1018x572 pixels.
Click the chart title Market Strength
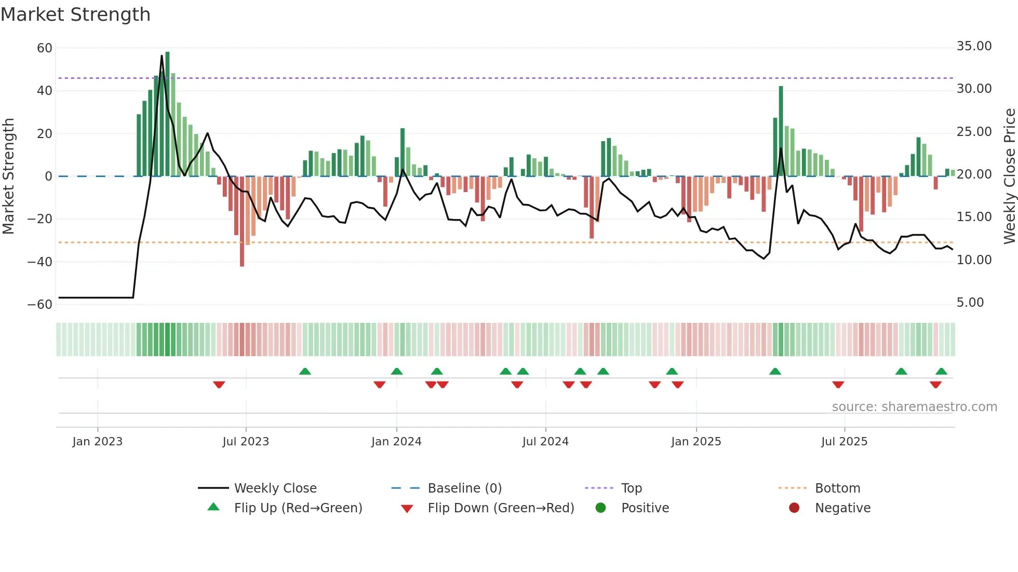click(75, 15)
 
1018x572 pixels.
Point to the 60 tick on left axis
click(45, 48)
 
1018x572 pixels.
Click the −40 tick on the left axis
click(40, 262)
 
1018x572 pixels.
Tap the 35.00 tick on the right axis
click(974, 46)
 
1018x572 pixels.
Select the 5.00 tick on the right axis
click(970, 303)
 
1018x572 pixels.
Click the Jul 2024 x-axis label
click(545, 442)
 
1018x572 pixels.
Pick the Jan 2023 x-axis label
click(98, 442)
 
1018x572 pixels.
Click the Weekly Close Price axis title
click(1009, 176)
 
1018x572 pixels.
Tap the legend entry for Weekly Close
click(275, 488)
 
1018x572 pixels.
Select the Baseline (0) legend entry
click(464, 488)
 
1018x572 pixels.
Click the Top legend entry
click(631, 488)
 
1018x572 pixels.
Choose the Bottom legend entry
click(837, 488)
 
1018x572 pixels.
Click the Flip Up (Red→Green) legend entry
click(298, 508)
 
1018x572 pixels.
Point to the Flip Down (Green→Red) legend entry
click(500, 508)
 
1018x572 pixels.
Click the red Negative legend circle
click(794, 508)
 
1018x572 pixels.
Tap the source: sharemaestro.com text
click(914, 407)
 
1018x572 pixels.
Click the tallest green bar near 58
click(167, 114)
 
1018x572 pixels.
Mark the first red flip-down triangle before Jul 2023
click(219, 385)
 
